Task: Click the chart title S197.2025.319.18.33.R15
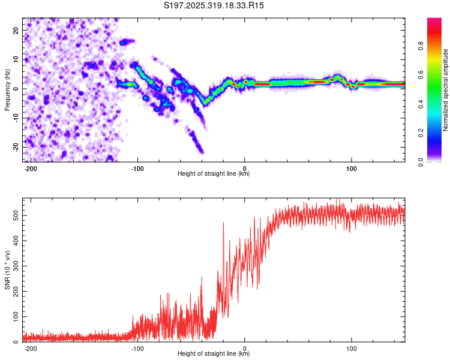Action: tap(214, 5)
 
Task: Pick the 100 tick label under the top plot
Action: tap(351, 168)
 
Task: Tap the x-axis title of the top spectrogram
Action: tap(214, 174)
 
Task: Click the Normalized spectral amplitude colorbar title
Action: tap(446, 90)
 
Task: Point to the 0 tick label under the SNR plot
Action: tap(244, 348)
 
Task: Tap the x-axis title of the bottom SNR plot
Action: tap(214, 354)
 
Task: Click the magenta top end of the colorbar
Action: tap(434, 20)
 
